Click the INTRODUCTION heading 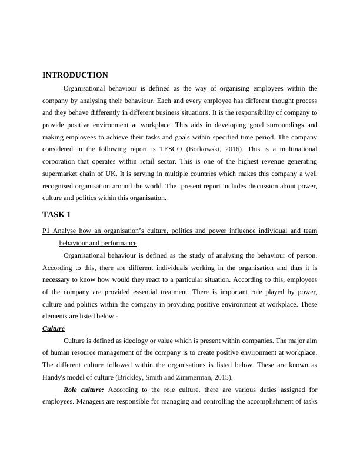tap(75, 75)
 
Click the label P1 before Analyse tap(48, 231)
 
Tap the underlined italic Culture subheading tap(54, 328)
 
